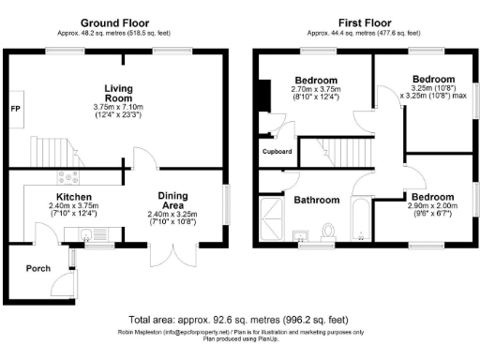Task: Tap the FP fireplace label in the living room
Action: (16, 110)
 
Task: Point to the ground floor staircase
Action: (51, 150)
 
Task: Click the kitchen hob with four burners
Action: (69, 178)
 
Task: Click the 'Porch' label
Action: (38, 268)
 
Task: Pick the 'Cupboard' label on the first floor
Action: (277, 151)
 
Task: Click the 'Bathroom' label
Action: (316, 200)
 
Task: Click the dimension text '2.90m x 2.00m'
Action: (431, 204)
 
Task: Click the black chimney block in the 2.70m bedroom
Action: (263, 97)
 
